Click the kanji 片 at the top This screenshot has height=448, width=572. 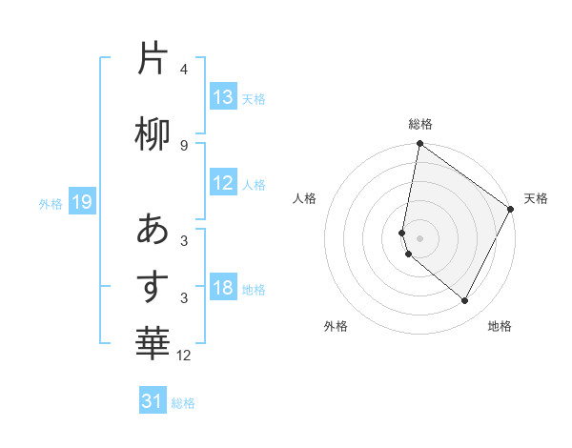click(x=153, y=58)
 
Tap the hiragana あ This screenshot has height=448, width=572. click(x=153, y=229)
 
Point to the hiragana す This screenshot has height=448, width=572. click(x=153, y=285)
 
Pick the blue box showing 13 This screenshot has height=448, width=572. click(x=223, y=97)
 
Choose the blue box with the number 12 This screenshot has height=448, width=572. click(x=223, y=183)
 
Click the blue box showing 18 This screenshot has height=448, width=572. click(x=223, y=288)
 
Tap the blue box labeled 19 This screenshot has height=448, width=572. click(x=81, y=202)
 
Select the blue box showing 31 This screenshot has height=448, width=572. click(x=153, y=401)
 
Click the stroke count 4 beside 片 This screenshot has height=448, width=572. click(x=184, y=70)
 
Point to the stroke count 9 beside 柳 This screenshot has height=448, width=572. click(x=184, y=145)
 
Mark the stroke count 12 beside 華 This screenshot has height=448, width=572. click(x=184, y=356)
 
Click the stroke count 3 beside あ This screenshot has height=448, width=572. click(x=184, y=241)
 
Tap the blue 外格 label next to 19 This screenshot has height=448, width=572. click(x=51, y=203)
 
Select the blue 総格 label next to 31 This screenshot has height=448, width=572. click(x=183, y=403)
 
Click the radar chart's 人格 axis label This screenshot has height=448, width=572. click(x=305, y=198)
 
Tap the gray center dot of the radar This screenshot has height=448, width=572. click(x=419, y=237)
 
